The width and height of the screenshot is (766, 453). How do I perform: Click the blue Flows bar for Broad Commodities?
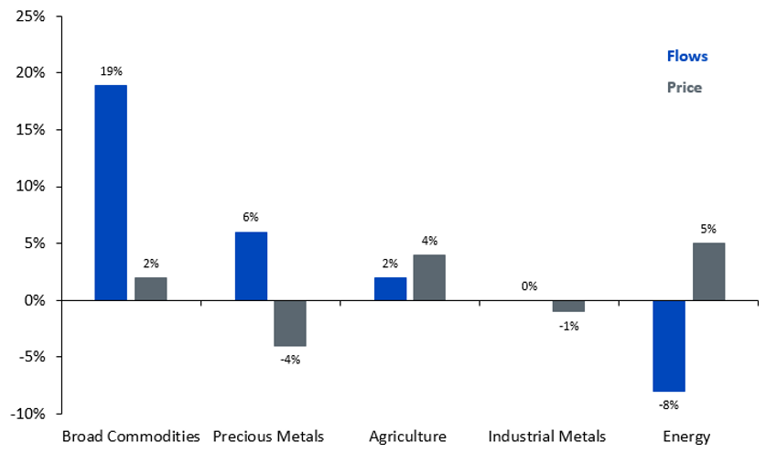(x=111, y=192)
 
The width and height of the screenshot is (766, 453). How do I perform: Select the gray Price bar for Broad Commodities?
(x=151, y=289)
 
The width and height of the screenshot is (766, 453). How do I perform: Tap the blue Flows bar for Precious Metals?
(x=251, y=265)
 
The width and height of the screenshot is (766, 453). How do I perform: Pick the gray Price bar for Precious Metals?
(x=290, y=323)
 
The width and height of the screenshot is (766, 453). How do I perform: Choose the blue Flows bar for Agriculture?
(x=391, y=289)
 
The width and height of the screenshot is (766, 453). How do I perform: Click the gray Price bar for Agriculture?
(x=429, y=277)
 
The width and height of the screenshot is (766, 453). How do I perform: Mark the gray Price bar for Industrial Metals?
(x=568, y=306)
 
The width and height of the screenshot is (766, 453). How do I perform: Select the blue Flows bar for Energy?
(x=669, y=346)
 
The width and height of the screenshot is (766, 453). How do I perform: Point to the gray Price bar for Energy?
(x=709, y=271)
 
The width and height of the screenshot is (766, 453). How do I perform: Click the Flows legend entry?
(x=687, y=56)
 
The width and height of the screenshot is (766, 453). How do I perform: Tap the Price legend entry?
(x=685, y=88)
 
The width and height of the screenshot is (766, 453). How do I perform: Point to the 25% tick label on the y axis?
(x=30, y=16)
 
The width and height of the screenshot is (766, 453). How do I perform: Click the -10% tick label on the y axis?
(x=27, y=414)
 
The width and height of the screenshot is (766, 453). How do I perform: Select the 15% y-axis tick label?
(x=30, y=130)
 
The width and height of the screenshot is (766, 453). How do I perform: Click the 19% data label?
(x=112, y=71)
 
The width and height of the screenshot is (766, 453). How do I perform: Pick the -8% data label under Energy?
(x=668, y=405)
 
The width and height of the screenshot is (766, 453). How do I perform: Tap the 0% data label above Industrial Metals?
(x=529, y=286)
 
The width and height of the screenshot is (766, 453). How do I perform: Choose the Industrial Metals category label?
(x=546, y=437)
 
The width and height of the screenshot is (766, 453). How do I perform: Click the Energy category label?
(x=686, y=437)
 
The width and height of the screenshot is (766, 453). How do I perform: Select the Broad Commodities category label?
(x=131, y=437)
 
